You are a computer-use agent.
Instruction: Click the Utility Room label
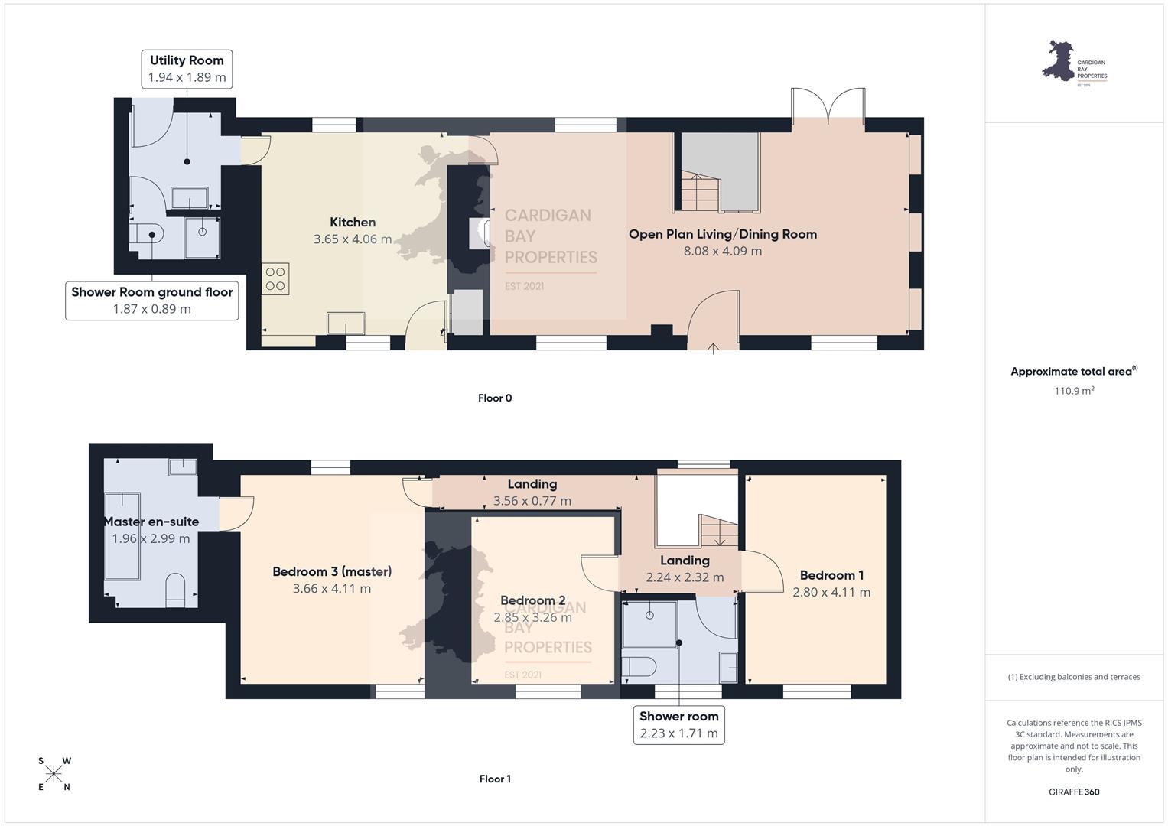(187, 60)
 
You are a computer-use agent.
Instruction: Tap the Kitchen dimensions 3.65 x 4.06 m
(353, 239)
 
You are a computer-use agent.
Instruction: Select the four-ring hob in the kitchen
(275, 279)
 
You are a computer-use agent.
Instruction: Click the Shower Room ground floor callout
(151, 301)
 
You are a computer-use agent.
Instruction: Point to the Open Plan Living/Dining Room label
(723, 234)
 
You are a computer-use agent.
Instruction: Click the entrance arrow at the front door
(713, 348)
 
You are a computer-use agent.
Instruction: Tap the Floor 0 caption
(495, 398)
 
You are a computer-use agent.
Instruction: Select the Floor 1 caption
(495, 779)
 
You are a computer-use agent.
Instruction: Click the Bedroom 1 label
(831, 575)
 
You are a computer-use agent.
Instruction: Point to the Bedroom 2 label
(532, 600)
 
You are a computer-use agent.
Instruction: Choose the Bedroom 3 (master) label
(332, 571)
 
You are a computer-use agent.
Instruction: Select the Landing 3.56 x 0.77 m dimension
(532, 501)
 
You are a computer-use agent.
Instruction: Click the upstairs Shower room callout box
(679, 725)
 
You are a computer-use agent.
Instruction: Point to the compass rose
(54, 774)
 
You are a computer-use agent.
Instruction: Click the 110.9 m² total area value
(1074, 391)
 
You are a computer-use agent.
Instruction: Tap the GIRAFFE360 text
(1074, 792)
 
